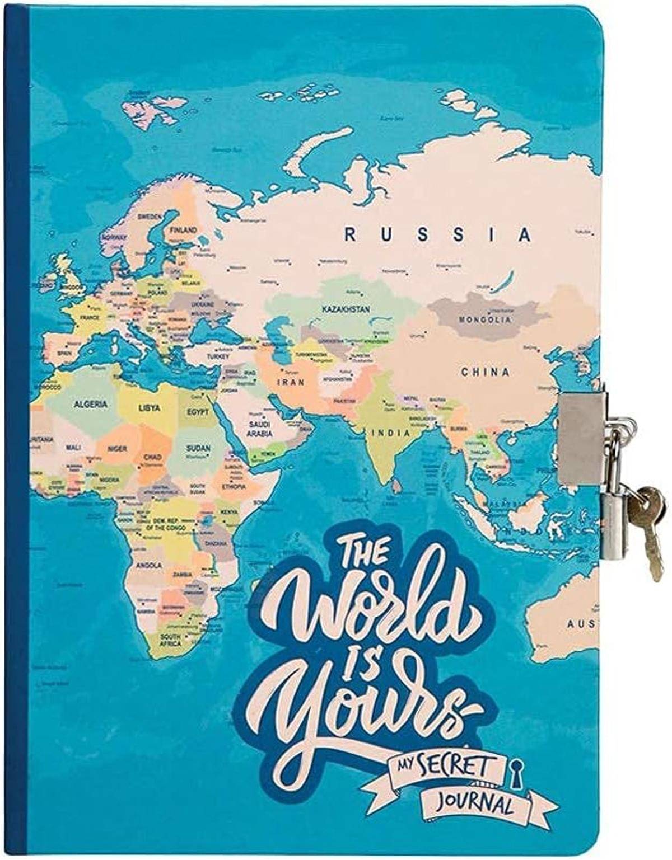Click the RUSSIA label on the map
pyautogui.click(x=437, y=234)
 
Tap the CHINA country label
pyautogui.click(x=486, y=372)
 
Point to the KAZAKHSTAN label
pyautogui.click(x=346, y=309)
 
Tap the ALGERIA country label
pyautogui.click(x=90, y=404)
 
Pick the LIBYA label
pyautogui.click(x=150, y=408)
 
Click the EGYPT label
pyautogui.click(x=197, y=412)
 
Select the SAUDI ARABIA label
pyautogui.click(x=260, y=429)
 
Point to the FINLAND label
pyautogui.click(x=184, y=230)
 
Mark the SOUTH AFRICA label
pyautogui.click(x=170, y=640)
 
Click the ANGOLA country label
pyautogui.click(x=148, y=566)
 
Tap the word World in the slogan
pyautogui.click(x=367, y=610)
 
